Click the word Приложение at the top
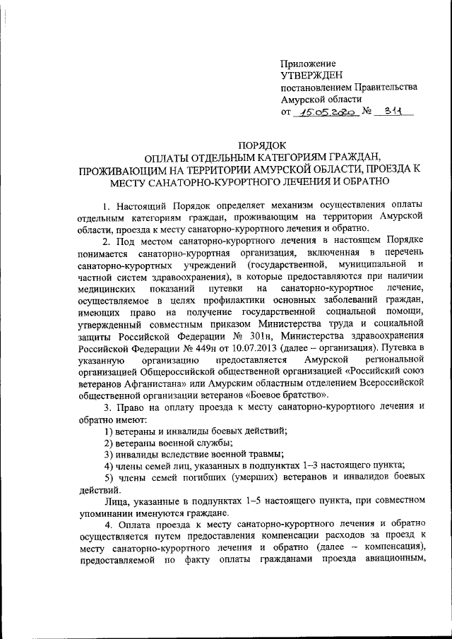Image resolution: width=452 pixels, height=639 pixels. [308, 63]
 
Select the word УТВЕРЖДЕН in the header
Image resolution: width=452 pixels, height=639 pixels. [311, 75]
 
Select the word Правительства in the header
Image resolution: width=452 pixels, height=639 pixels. [382, 87]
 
